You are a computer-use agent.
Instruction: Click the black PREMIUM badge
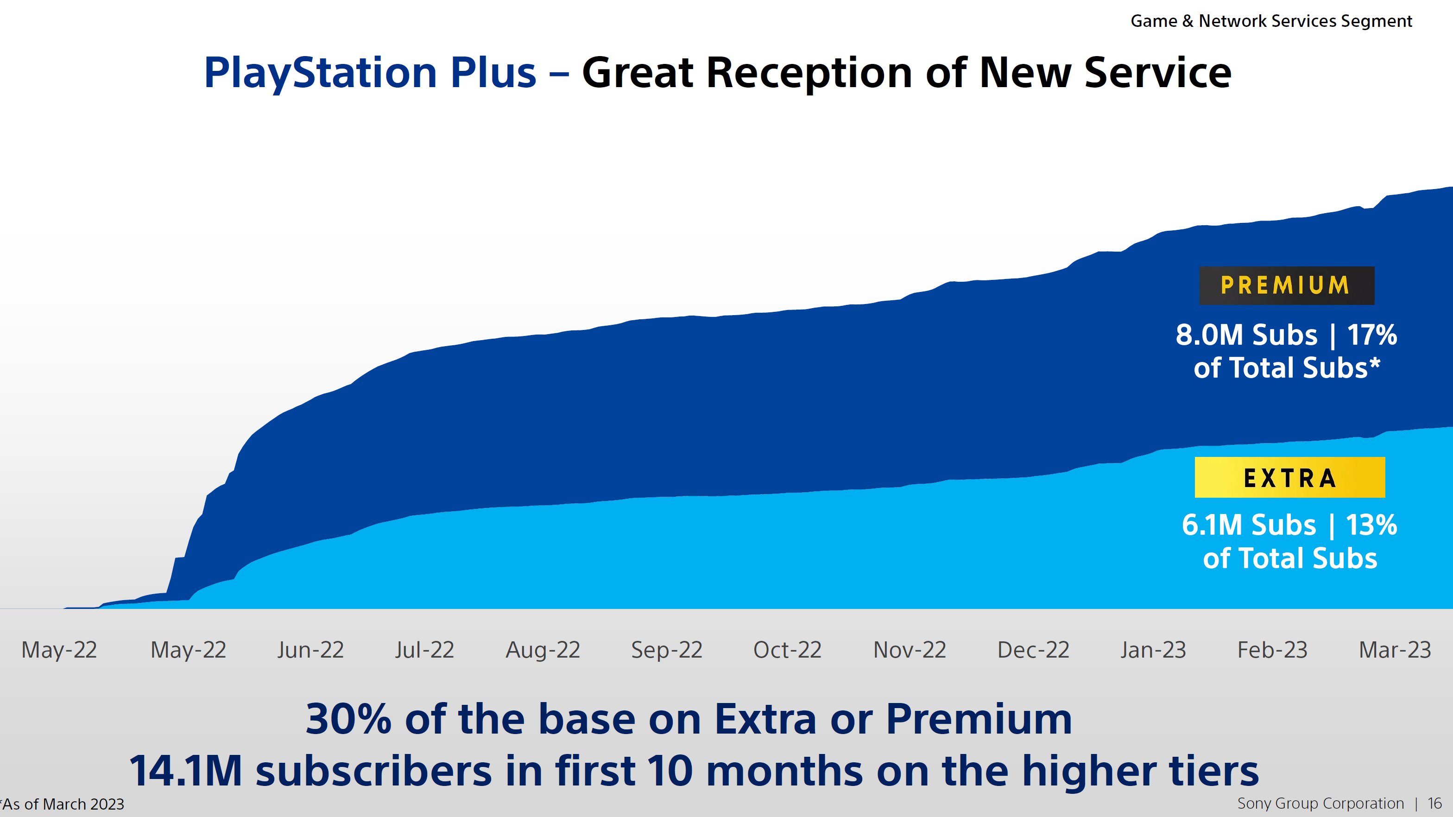[1286, 285]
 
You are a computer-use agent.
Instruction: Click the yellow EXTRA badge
[1289, 478]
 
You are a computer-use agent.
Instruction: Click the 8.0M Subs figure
[1246, 335]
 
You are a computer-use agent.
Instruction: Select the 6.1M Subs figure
[1248, 526]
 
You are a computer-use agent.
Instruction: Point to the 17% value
[1372, 335]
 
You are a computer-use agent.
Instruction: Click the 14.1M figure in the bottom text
[186, 771]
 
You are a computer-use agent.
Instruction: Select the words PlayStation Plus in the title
[369, 73]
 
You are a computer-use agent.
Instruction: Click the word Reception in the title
[809, 73]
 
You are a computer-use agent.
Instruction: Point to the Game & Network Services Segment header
[1271, 21]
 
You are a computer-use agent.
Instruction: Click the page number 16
[1434, 804]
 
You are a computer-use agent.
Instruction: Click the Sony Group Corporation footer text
[1320, 804]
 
